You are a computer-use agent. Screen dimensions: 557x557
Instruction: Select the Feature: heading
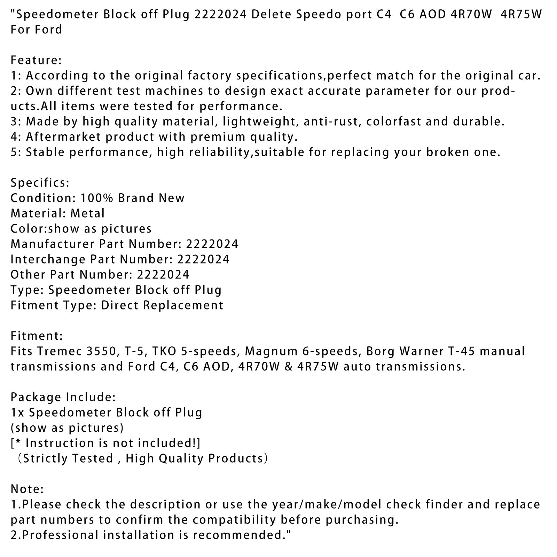pyautogui.click(x=36, y=60)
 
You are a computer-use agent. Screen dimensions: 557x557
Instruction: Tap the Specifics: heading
pyautogui.click(x=40, y=183)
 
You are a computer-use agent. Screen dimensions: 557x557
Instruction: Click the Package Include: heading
pyautogui.click(x=63, y=397)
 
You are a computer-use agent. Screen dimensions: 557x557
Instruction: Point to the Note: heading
pyautogui.click(x=27, y=489)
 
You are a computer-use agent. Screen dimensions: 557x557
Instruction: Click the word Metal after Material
pyautogui.click(x=88, y=213)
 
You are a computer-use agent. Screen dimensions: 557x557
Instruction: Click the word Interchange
pyautogui.click(x=48, y=259)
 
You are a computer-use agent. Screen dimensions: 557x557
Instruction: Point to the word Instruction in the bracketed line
pyautogui.click(x=58, y=443)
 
